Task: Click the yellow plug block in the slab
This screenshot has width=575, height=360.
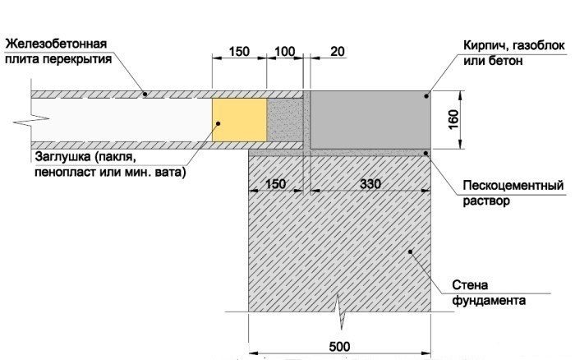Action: [239, 122]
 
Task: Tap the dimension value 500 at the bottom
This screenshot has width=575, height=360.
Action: [338, 347]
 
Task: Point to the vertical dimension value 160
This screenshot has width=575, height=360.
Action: [466, 120]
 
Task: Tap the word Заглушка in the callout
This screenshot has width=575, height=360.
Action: [62, 156]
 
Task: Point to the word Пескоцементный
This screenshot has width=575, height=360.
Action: [501, 183]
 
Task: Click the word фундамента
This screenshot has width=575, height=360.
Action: [489, 301]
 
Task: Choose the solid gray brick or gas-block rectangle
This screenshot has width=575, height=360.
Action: [370, 119]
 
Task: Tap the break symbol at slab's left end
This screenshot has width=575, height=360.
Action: [18, 122]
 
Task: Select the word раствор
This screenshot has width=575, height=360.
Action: [481, 199]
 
